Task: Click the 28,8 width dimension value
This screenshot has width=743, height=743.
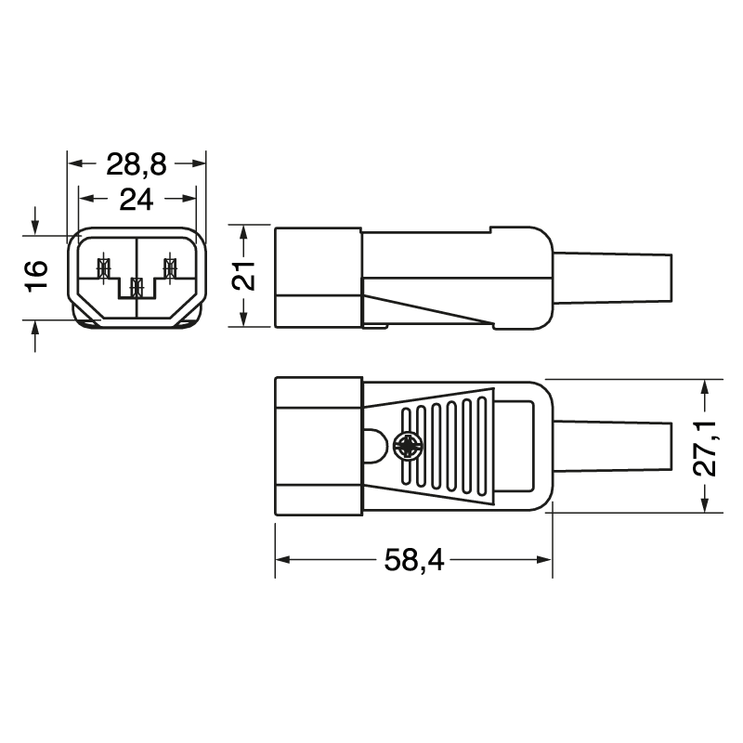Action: click(136, 164)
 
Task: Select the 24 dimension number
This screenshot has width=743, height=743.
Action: click(136, 198)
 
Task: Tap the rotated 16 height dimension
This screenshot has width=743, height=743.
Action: click(35, 276)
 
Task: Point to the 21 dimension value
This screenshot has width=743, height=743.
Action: click(242, 276)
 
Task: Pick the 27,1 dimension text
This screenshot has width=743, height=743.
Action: click(709, 447)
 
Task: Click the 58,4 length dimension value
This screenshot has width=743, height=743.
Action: click(413, 560)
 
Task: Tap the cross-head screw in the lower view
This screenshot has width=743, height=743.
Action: click(407, 447)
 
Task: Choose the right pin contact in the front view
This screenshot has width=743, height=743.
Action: click(169, 268)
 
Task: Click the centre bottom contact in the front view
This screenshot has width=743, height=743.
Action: click(137, 287)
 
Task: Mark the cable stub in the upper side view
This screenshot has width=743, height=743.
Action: click(613, 276)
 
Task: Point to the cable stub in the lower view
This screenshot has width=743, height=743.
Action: click(613, 447)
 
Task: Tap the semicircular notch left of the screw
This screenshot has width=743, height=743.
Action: click(372, 447)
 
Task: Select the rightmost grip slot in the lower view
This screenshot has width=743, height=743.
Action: click(481, 446)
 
